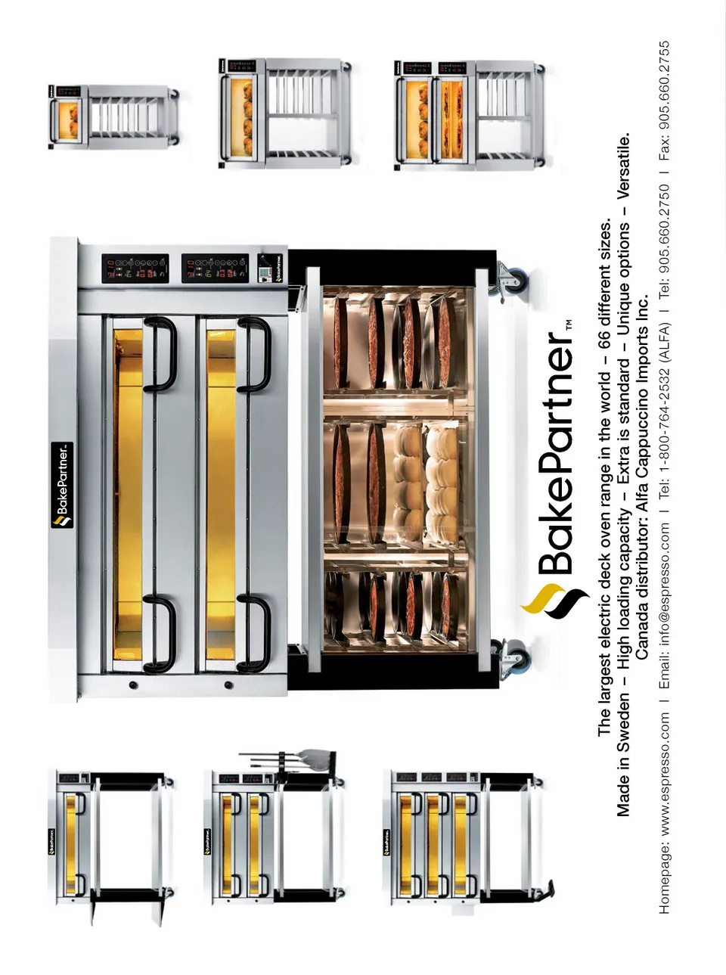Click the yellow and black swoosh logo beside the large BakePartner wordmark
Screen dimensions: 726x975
[x=554, y=601]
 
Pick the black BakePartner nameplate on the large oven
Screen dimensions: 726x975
[x=62, y=486]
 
